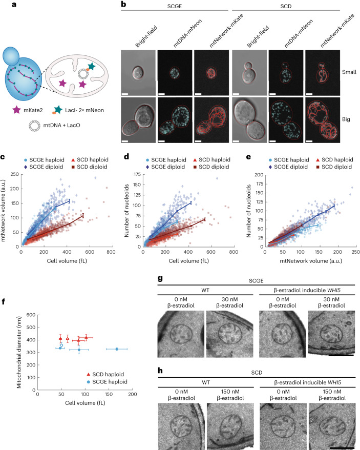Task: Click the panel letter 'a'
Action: (4, 4)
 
